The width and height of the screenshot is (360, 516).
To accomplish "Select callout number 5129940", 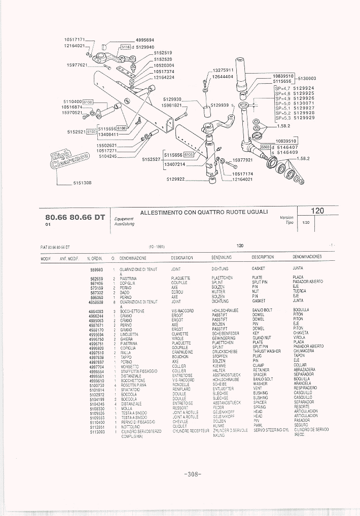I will tap(145, 47).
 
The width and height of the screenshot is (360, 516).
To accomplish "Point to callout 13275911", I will tap(223, 70).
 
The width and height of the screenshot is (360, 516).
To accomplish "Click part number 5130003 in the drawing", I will tap(307, 79).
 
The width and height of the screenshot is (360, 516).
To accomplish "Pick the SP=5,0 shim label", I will tap(282, 103).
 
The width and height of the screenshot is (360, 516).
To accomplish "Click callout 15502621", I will tap(107, 145).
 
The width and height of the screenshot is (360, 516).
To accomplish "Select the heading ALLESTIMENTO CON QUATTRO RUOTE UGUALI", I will tap(204, 212).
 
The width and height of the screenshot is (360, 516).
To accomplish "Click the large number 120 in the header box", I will tap(318, 211).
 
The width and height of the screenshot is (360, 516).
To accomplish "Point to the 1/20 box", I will tap(306, 222).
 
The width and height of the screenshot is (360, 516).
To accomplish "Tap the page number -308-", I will tap(193, 474).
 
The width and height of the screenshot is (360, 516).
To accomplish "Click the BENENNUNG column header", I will tap(222, 257).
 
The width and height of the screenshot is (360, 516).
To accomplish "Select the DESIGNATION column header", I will tap(182, 257).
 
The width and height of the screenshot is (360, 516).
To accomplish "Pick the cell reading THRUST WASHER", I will tap(266, 352).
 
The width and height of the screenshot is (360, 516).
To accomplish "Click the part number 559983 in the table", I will tap(96, 269).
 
